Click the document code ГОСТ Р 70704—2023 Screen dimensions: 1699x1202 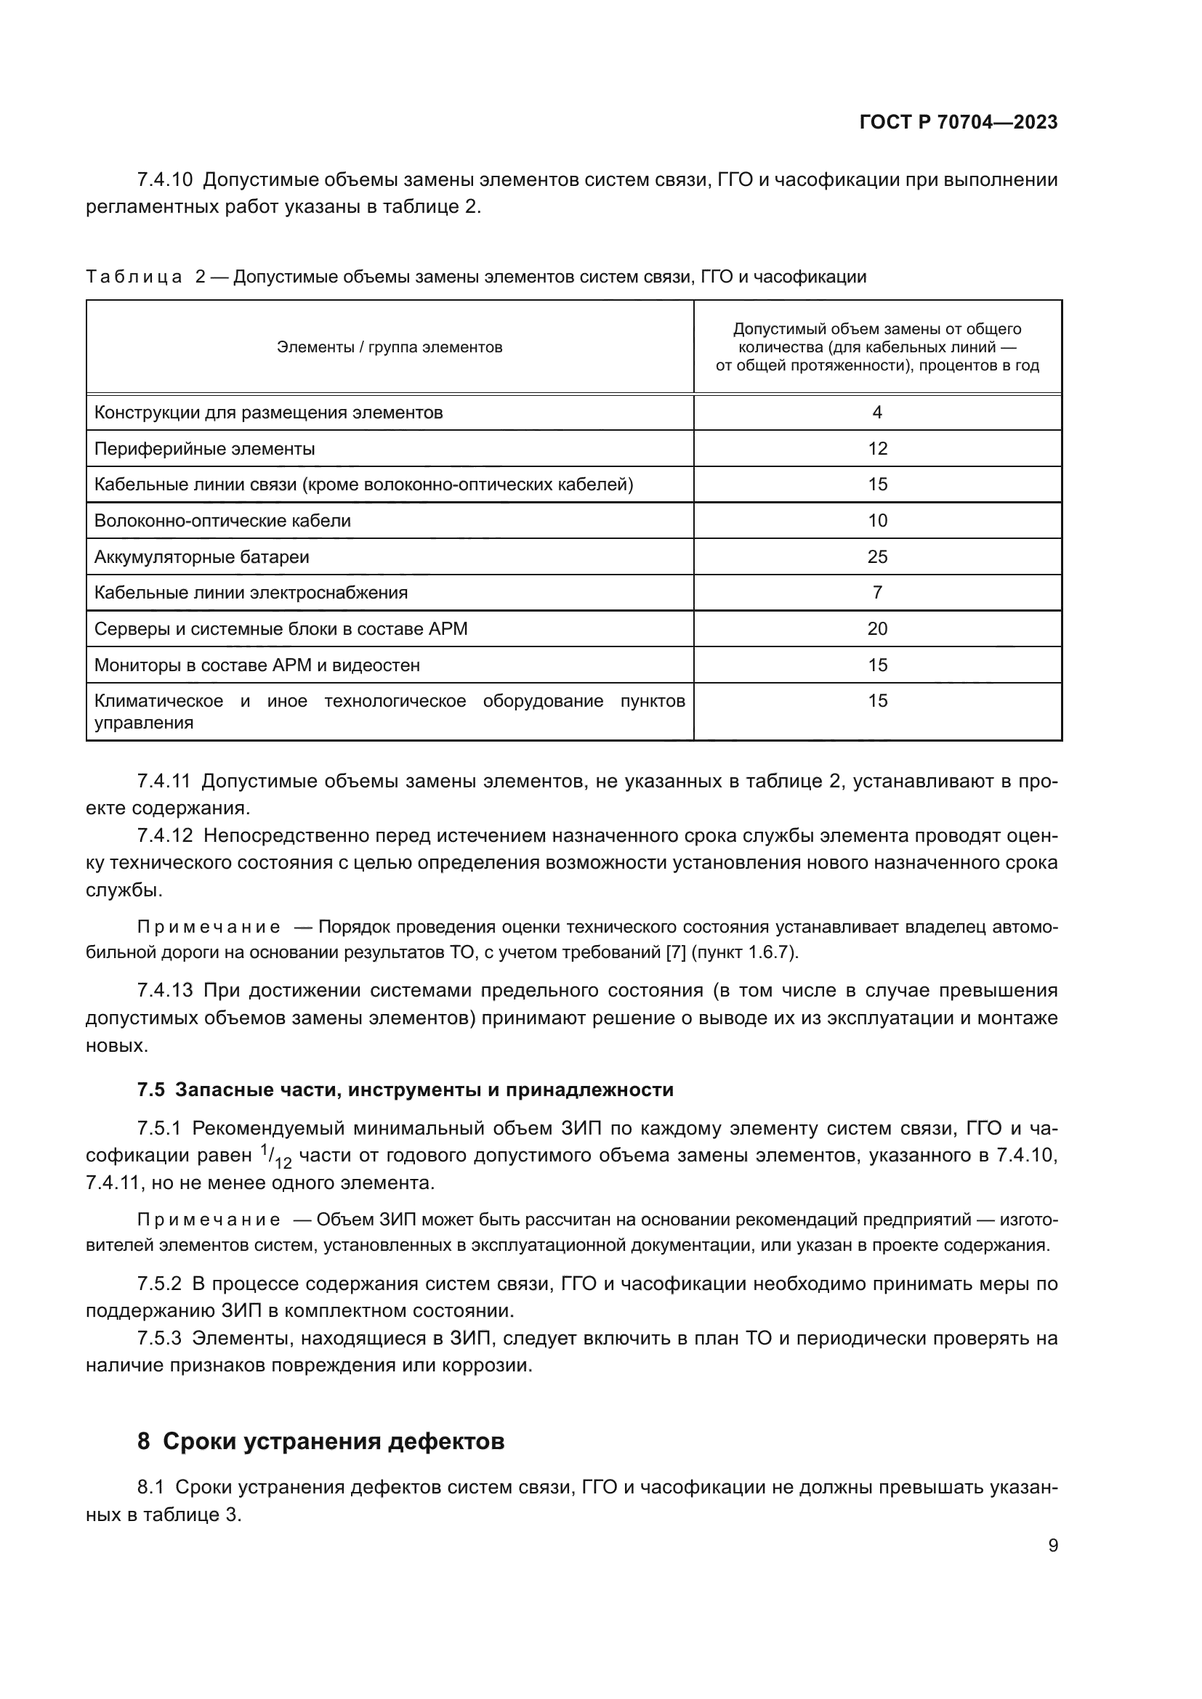pyautogui.click(x=958, y=123)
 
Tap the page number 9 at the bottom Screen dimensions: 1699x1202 pyautogui.click(x=1052, y=1545)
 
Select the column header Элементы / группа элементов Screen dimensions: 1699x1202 pyautogui.click(x=390, y=347)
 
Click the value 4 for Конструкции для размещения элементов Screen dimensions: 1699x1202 pyautogui.click(x=877, y=412)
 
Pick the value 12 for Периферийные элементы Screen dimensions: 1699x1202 pyautogui.click(x=877, y=448)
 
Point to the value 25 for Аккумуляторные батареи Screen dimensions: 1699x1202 pyautogui.click(x=877, y=556)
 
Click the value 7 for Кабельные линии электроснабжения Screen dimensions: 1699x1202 pyautogui.click(x=877, y=592)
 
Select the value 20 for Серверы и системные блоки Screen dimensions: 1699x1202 pyautogui.click(x=877, y=628)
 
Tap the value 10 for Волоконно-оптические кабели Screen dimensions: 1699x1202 pyautogui.click(x=877, y=520)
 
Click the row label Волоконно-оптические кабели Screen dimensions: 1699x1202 pyautogui.click(x=222, y=520)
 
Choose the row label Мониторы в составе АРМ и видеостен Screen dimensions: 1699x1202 pyautogui.click(x=257, y=665)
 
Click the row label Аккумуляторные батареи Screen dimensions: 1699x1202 pyautogui.click(x=201, y=556)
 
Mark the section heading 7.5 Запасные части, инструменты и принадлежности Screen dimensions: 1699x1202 pyautogui.click(x=406, y=1090)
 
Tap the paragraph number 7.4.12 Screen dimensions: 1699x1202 pyautogui.click(x=164, y=835)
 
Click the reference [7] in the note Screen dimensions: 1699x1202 pyautogui.click(x=676, y=952)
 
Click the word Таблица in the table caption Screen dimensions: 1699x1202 pyautogui.click(x=134, y=277)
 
